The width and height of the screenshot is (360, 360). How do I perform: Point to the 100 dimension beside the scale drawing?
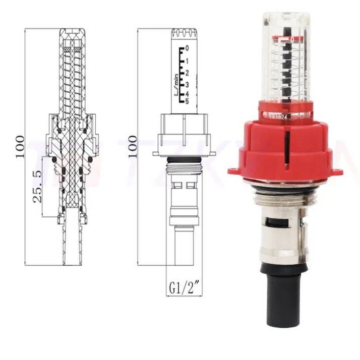[x=133, y=146]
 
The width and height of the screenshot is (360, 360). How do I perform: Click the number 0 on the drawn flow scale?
[x=187, y=48]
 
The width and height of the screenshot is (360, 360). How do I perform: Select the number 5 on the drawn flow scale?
[x=187, y=101]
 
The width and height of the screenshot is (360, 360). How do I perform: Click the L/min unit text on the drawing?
[x=176, y=86]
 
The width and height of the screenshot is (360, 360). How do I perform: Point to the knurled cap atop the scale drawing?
[x=184, y=34]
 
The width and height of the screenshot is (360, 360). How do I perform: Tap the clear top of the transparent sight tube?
[x=286, y=20]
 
